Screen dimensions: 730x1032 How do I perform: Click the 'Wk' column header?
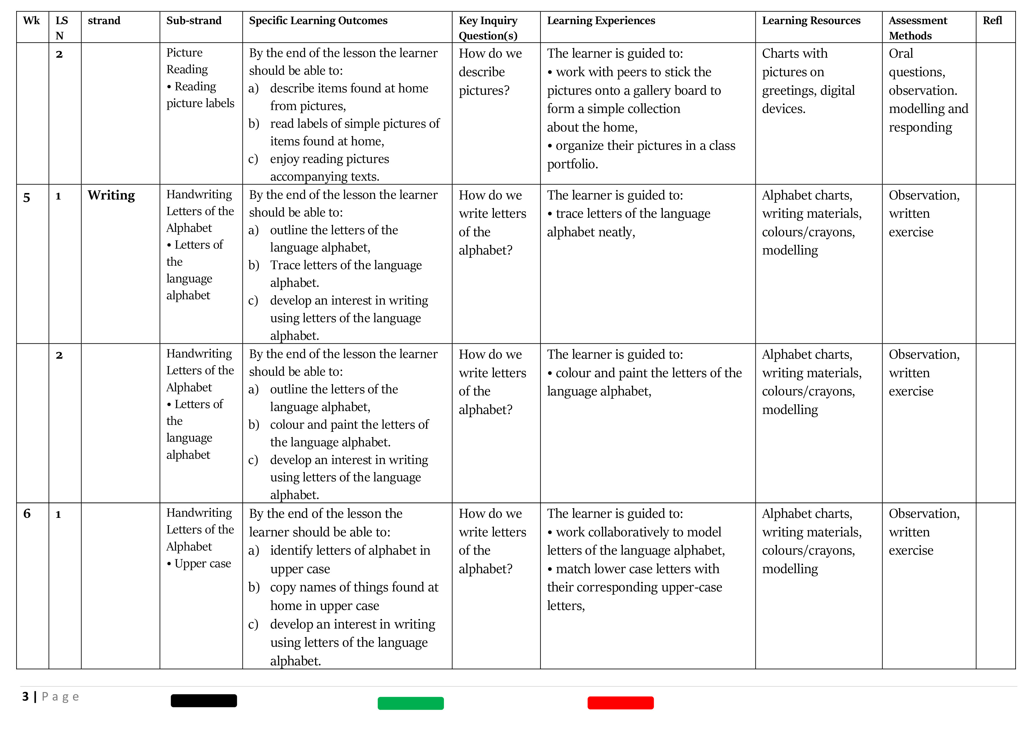[31, 21]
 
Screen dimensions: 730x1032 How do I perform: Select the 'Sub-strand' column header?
[194, 21]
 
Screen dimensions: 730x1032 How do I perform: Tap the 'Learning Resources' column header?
[811, 21]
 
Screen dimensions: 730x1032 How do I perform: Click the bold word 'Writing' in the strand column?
[111, 196]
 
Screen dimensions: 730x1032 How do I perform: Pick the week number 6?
[27, 514]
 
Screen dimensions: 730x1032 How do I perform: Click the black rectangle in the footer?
[204, 701]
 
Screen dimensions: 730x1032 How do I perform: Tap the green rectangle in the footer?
[410, 704]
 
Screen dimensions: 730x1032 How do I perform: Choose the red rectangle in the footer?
[620, 703]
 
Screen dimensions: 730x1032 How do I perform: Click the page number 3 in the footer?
[26, 697]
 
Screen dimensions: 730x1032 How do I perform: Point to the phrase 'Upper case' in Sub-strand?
[203, 564]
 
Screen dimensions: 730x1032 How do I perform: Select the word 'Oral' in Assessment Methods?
[901, 54]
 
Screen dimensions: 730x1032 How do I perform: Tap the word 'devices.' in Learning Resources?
[783, 109]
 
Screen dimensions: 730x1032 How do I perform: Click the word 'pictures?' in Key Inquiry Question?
[484, 91]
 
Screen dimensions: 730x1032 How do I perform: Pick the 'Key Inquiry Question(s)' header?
[488, 28]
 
